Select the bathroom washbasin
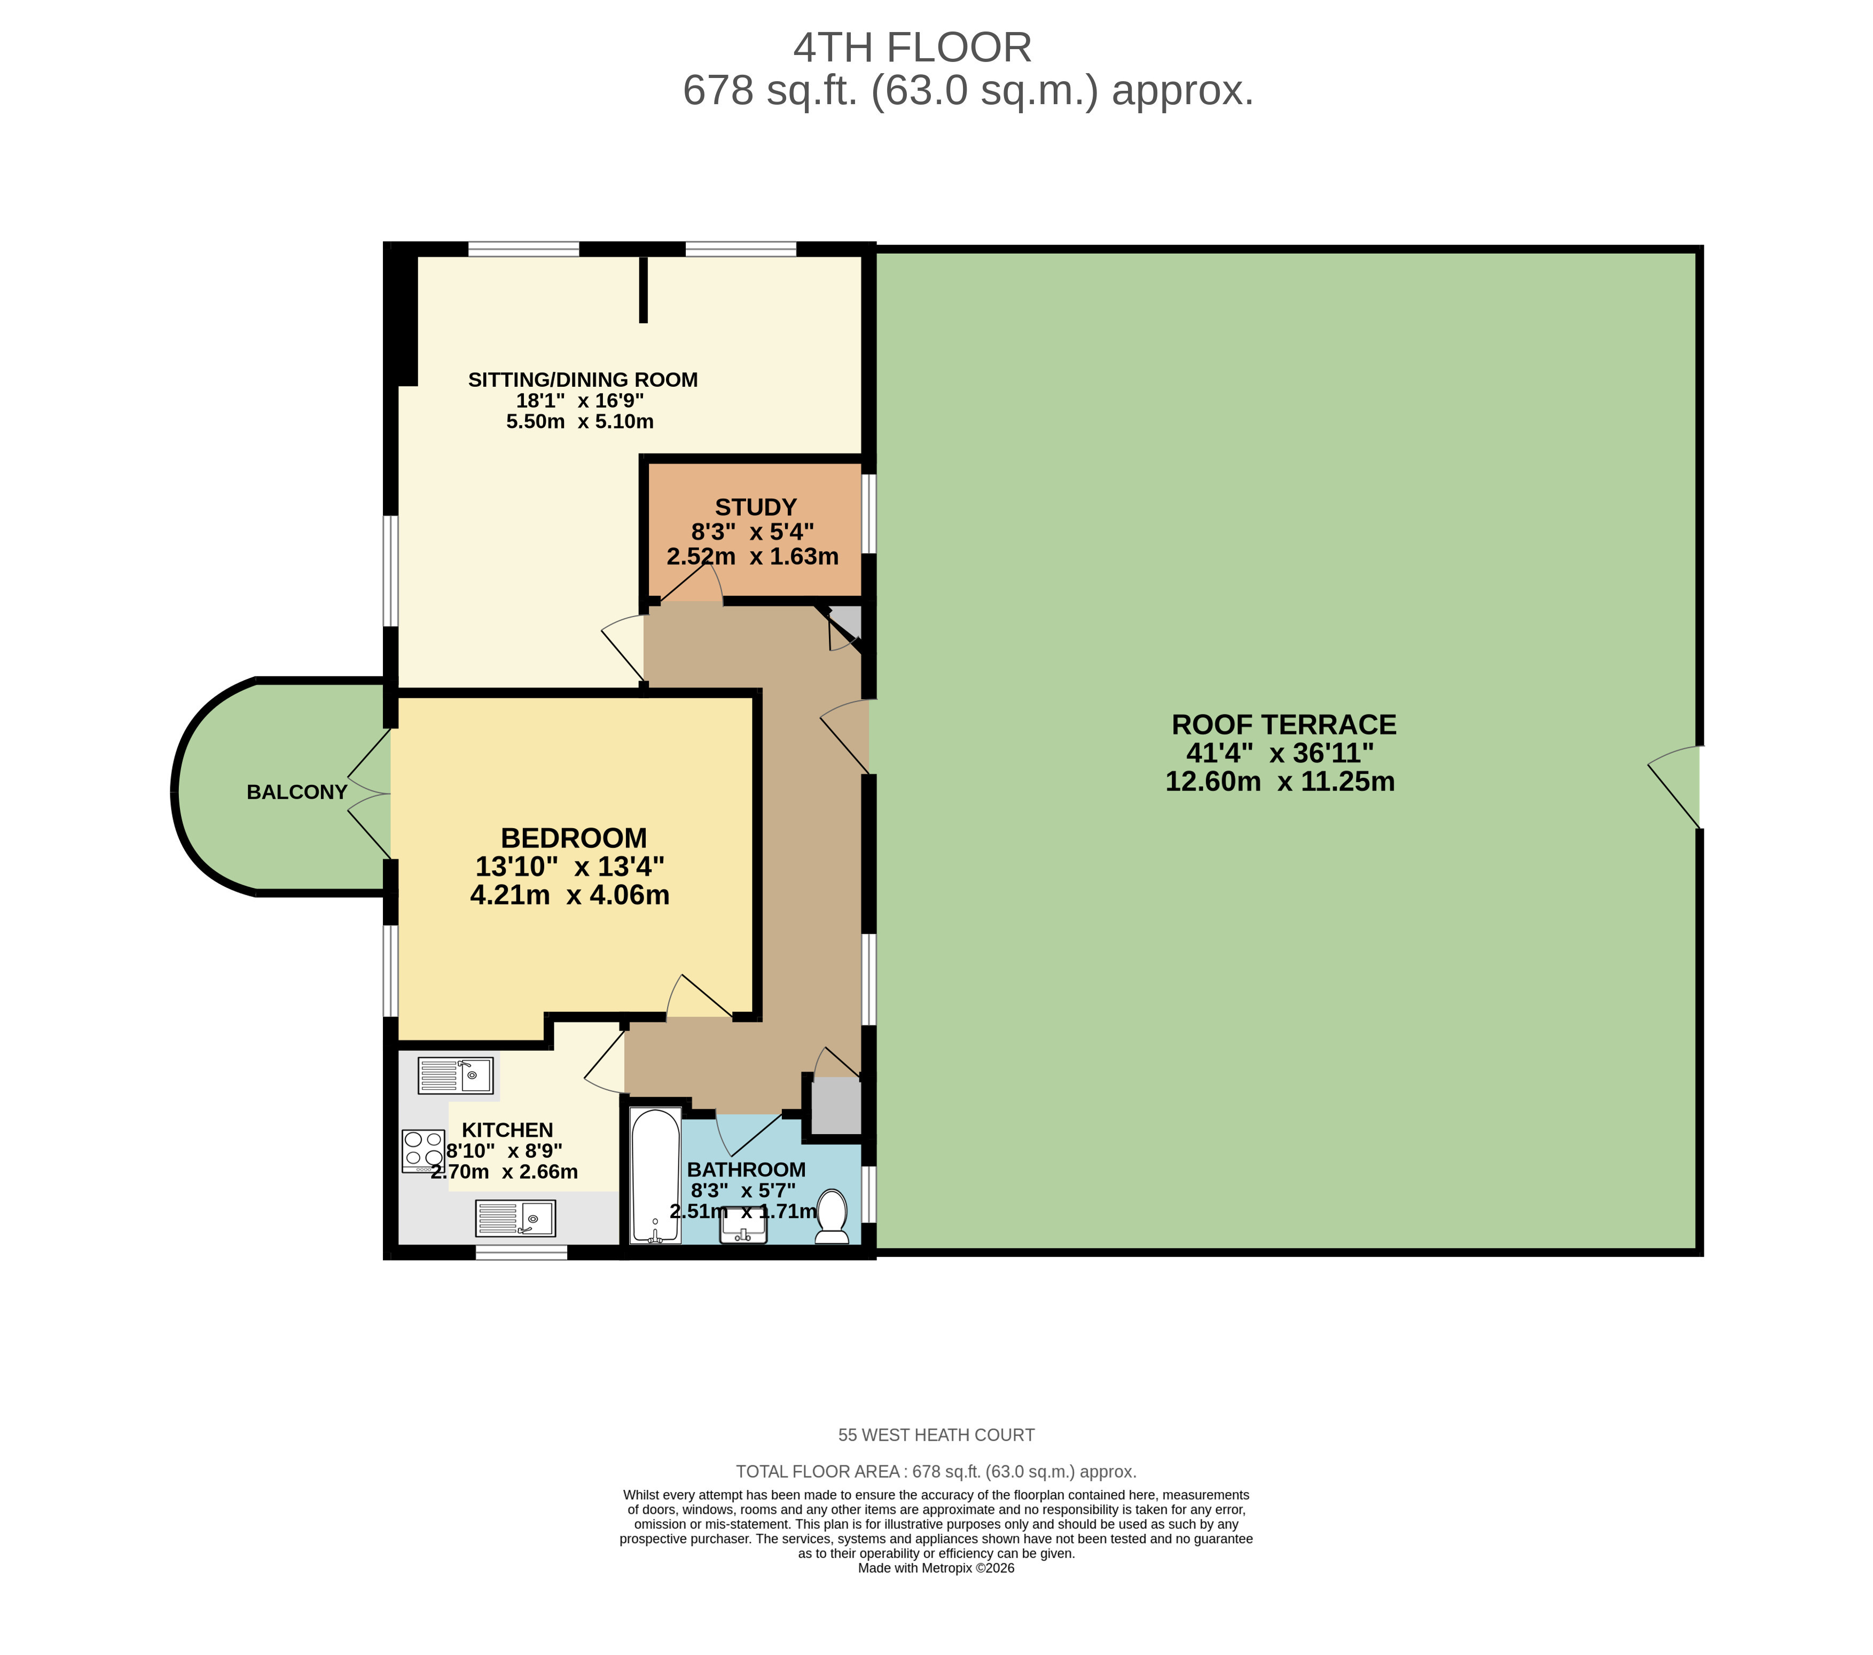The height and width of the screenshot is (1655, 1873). (743, 1225)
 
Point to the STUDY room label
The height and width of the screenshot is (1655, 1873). (756, 507)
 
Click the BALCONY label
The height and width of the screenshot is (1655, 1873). (297, 792)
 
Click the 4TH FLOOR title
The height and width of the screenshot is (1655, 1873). (913, 48)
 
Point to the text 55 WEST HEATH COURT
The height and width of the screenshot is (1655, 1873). (937, 1435)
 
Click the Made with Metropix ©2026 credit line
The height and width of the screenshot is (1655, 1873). (937, 1568)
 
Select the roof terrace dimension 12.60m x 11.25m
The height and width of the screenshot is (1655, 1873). (1280, 781)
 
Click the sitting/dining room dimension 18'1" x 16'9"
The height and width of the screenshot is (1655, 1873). (580, 401)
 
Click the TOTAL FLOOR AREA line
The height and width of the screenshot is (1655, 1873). (937, 1472)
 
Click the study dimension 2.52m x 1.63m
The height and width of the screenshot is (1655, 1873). (753, 556)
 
